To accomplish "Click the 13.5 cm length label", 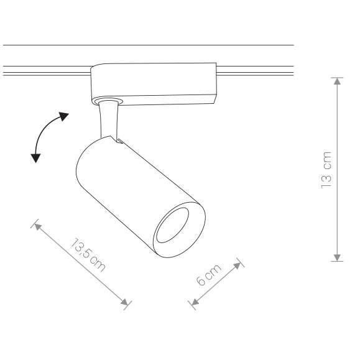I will click(88, 255).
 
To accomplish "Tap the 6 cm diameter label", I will click(208, 275).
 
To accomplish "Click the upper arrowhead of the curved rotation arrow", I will click(63, 116).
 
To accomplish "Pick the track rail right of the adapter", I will click(255, 70).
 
